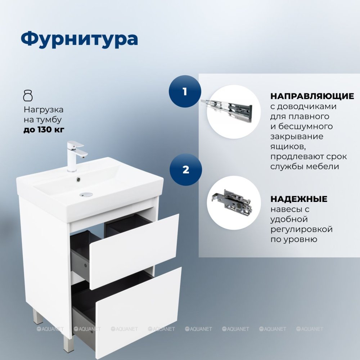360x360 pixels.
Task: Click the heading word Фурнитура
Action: (80, 39)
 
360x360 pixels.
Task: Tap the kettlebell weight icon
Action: (28, 96)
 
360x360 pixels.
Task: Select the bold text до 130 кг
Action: (44, 130)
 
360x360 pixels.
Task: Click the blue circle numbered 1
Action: (185, 91)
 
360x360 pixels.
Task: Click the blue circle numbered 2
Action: (186, 170)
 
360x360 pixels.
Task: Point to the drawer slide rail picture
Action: (226, 108)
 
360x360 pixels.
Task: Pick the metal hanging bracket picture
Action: (231, 201)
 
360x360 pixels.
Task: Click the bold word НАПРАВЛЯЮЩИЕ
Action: (312, 96)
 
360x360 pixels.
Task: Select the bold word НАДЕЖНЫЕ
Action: (299, 199)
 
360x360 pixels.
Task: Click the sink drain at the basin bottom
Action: (86, 195)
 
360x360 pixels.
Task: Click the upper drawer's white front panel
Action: (134, 251)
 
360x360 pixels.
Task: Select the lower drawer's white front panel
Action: (139, 313)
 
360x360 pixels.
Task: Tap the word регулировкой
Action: (301, 229)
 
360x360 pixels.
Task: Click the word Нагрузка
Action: (44, 110)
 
